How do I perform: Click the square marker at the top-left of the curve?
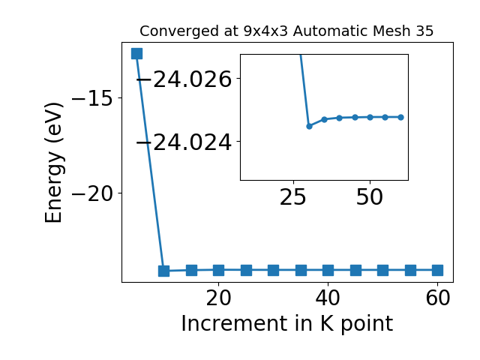(x=136, y=53)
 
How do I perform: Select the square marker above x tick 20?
(x=218, y=270)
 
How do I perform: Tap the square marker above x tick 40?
(x=328, y=270)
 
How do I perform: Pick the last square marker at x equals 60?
(x=437, y=270)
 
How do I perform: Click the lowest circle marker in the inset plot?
(x=309, y=126)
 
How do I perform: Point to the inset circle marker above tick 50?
(x=370, y=117)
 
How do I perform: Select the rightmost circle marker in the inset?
(x=400, y=117)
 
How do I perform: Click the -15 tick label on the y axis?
(x=92, y=98)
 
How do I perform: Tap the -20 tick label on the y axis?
(x=92, y=193)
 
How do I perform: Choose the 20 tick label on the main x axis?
(x=218, y=298)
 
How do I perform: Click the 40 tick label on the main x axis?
(x=328, y=298)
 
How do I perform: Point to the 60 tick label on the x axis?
(x=438, y=298)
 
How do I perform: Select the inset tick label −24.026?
(x=184, y=79)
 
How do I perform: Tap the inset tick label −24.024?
(x=184, y=142)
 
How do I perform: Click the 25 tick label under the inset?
(x=293, y=197)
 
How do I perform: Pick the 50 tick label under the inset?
(x=370, y=197)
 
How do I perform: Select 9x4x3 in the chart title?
(x=265, y=31)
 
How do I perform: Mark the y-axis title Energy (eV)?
(x=54, y=163)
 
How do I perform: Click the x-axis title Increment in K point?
(x=287, y=323)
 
